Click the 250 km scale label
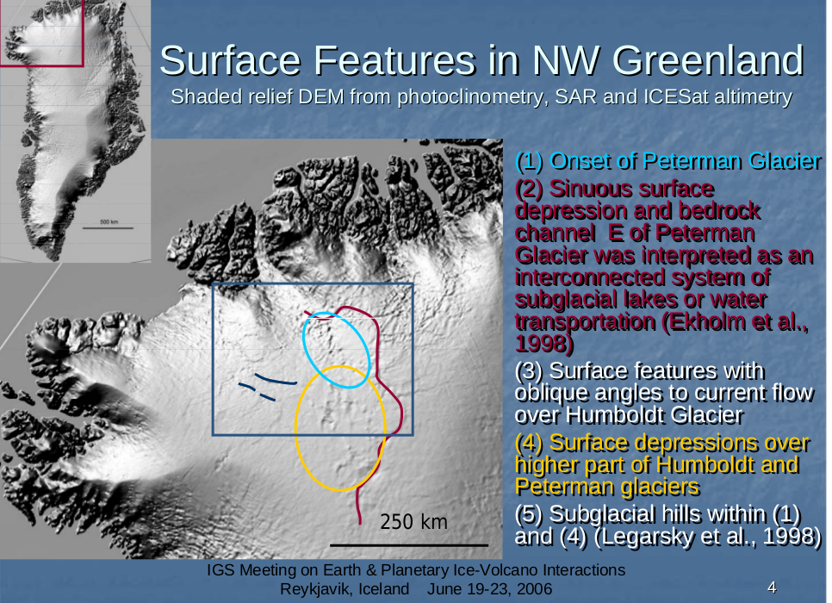(x=414, y=522)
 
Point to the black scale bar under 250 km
(x=409, y=545)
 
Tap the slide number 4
(x=772, y=587)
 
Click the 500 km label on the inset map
(x=109, y=222)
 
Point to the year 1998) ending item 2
(x=543, y=345)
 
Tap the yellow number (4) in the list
(x=529, y=443)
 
